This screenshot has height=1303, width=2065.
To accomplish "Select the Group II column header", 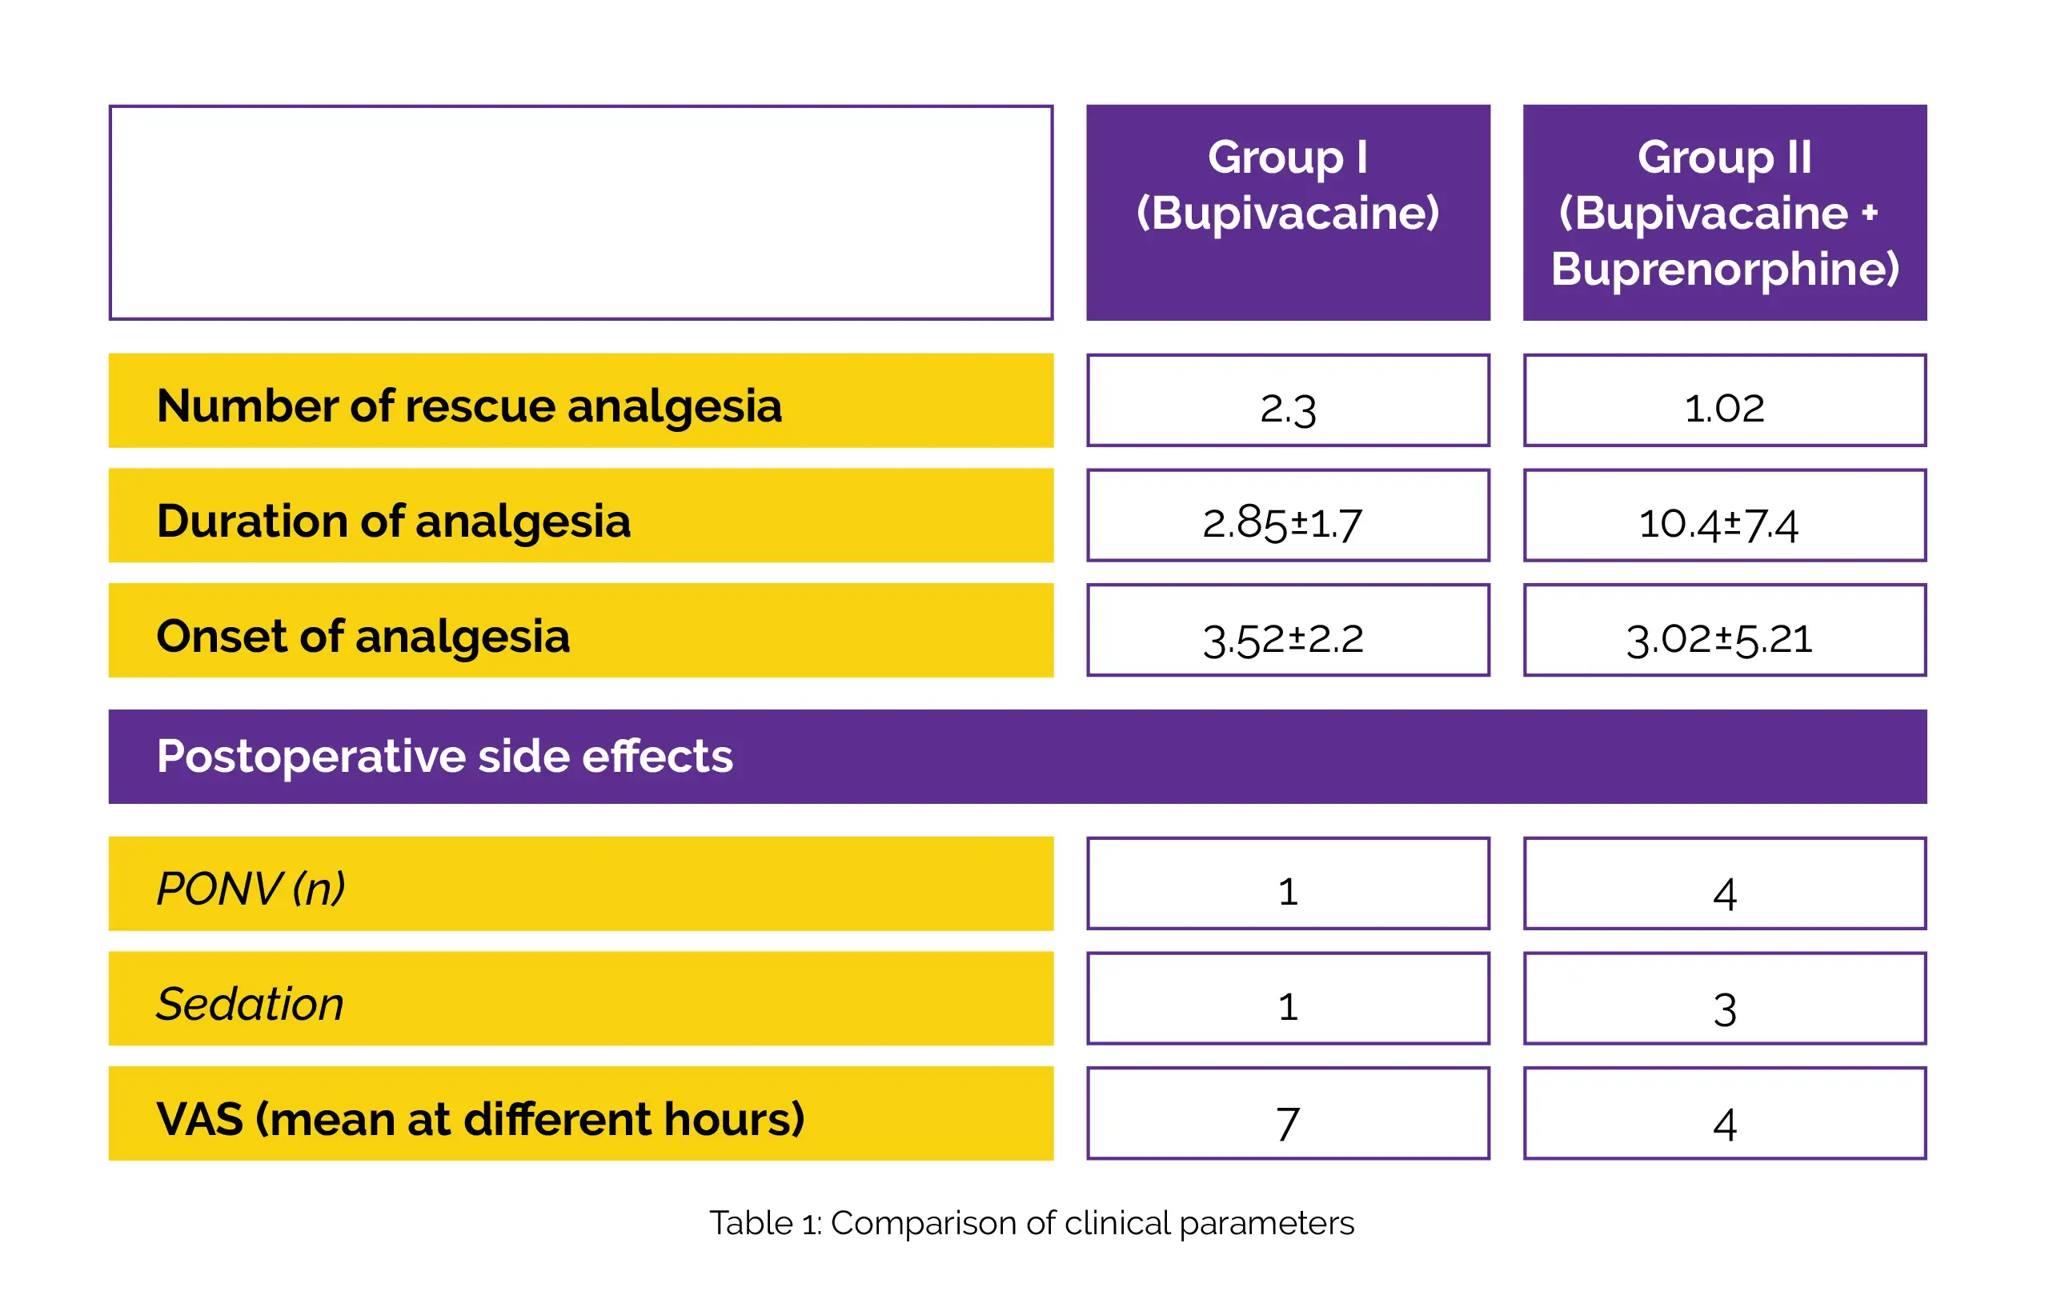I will pyautogui.click(x=1724, y=213).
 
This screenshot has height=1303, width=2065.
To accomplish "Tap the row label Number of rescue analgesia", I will pyautogui.click(x=469, y=406).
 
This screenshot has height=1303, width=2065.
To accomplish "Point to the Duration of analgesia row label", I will pyautogui.click(x=394, y=521).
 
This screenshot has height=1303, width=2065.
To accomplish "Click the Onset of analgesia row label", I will pyautogui.click(x=363, y=636).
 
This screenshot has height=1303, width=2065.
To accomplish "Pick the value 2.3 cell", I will pyautogui.click(x=1287, y=406).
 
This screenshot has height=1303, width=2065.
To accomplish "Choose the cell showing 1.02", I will pyautogui.click(x=1724, y=406).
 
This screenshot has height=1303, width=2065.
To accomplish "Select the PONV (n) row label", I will pyautogui.click(x=251, y=888).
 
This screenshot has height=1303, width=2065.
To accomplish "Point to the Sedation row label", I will pyautogui.click(x=250, y=1003).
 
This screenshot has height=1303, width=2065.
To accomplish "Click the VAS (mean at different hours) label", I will pyautogui.click(x=480, y=1118).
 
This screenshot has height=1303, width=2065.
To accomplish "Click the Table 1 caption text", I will pyautogui.click(x=1031, y=1222).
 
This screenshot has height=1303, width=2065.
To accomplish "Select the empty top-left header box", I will pyautogui.click(x=580, y=213).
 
